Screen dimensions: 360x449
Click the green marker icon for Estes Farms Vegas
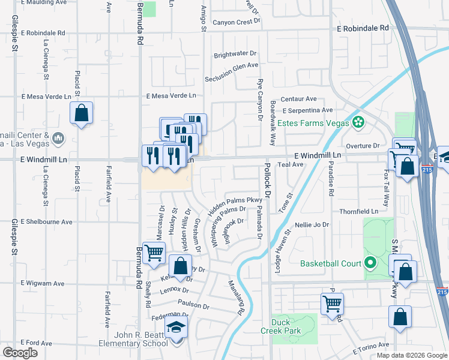(358, 122)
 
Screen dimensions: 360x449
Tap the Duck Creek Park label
(280, 326)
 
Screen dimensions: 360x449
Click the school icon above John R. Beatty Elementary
(176, 326)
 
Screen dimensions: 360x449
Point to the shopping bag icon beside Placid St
(81, 113)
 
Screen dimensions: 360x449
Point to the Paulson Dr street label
(193, 305)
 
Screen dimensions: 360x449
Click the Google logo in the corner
(20, 352)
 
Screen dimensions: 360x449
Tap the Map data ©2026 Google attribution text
(412, 355)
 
